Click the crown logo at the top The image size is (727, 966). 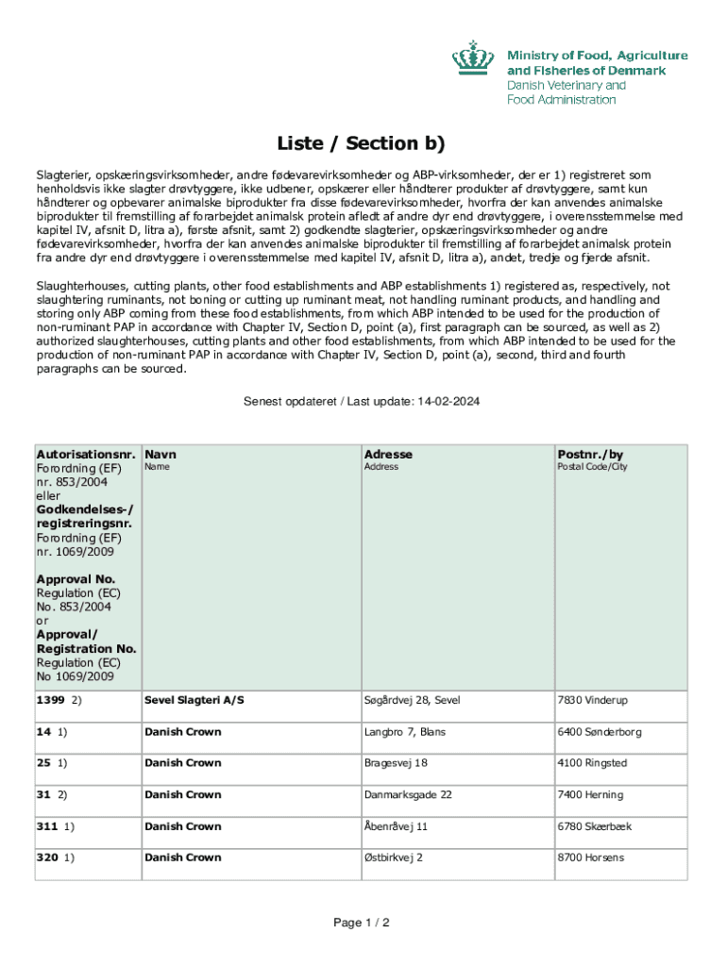pyautogui.click(x=474, y=58)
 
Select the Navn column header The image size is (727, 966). pyautogui.click(x=161, y=454)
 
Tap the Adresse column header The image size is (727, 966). pyautogui.click(x=388, y=454)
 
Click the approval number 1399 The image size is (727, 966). pyautogui.click(x=50, y=700)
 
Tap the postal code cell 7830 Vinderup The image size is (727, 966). pyautogui.click(x=592, y=700)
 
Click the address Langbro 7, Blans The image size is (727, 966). pyautogui.click(x=407, y=732)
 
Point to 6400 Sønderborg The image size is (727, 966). pyautogui.click(x=600, y=732)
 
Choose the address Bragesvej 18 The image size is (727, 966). pyautogui.click(x=396, y=763)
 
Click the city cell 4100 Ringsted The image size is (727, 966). pyautogui.click(x=592, y=763)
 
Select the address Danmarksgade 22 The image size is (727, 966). pyautogui.click(x=408, y=795)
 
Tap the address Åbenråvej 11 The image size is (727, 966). pyautogui.click(x=396, y=826)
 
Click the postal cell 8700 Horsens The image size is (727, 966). pyautogui.click(x=590, y=858)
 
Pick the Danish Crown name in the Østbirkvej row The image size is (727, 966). pyautogui.click(x=183, y=858)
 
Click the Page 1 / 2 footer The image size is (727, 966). pyautogui.click(x=362, y=923)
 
